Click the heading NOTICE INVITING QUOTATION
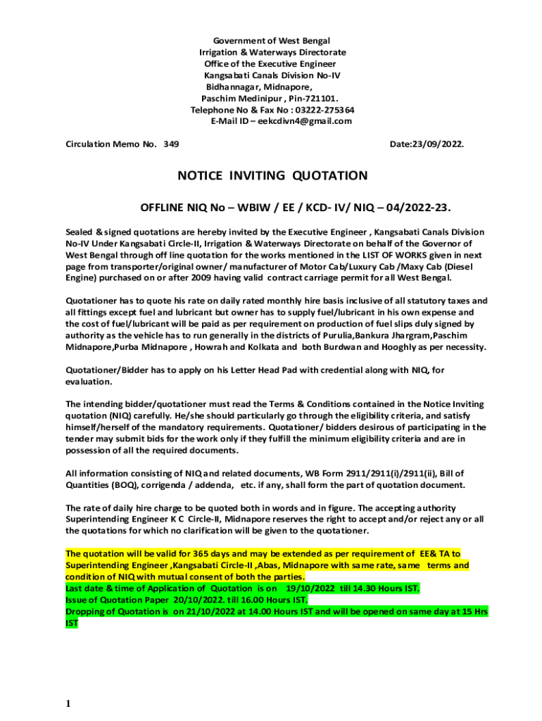point(272,175)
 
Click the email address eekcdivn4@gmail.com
point(305,121)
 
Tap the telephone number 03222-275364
point(324,110)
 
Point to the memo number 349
point(171,144)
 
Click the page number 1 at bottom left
point(68,703)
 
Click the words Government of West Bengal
point(272,41)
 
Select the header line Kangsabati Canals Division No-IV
point(272,75)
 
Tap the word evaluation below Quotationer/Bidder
point(89,381)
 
